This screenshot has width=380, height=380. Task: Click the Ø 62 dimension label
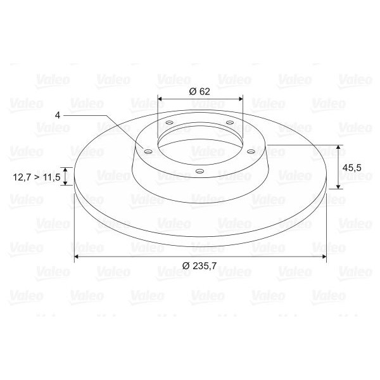pos(199,91)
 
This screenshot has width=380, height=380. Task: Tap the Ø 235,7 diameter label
pos(199,265)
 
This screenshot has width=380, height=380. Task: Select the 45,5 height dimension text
pos(351,168)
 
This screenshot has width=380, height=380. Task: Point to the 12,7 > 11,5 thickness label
pos(36,178)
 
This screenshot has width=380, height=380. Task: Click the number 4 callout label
pos(58,115)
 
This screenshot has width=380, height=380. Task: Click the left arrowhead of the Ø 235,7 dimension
pos(77,256)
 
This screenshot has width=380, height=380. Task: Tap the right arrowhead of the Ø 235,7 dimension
pos(324,256)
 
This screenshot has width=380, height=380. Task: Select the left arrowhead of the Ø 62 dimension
pos(160,99)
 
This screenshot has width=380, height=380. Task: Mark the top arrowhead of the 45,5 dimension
pos(339,148)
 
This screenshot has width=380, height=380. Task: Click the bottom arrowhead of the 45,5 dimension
pos(339,186)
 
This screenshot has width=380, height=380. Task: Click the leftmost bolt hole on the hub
pos(148,152)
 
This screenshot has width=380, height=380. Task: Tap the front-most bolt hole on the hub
pos(199,171)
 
